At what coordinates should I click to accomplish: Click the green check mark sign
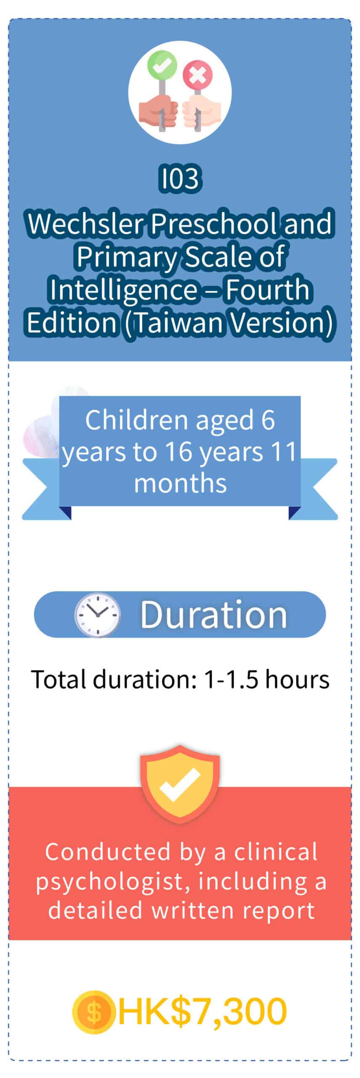(162, 64)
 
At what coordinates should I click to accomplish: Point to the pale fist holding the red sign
(201, 113)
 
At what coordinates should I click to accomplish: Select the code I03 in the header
(180, 179)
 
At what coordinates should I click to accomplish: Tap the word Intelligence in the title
(123, 289)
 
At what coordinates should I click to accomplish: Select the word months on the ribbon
(180, 483)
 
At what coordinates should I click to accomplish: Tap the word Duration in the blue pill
(213, 614)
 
